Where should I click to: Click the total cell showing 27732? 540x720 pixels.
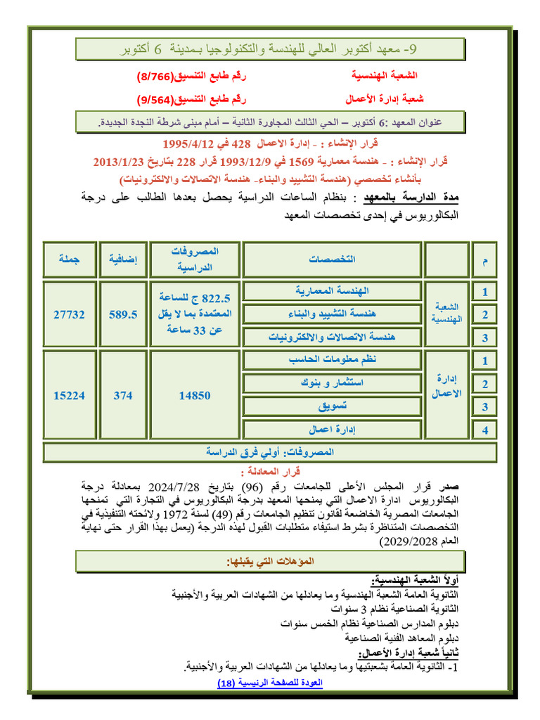(69, 315)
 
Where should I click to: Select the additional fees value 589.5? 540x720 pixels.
(122, 315)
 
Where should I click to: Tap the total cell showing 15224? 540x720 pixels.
(69, 396)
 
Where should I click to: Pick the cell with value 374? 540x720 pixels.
(122, 396)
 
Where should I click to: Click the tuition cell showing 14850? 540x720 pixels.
(194, 396)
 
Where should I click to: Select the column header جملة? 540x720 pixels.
(69, 259)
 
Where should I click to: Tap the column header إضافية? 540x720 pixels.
(122, 259)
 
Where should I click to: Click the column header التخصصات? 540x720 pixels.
(331, 259)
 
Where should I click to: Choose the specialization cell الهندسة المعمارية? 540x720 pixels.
(331, 290)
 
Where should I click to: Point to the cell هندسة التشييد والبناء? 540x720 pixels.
(331, 313)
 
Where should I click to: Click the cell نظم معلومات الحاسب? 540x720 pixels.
(331, 360)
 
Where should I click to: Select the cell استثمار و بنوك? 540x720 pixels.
(331, 383)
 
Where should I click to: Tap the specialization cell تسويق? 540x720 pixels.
(331, 406)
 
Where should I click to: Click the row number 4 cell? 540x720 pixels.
(483, 429)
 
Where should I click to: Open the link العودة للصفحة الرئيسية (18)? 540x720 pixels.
(268, 683)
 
